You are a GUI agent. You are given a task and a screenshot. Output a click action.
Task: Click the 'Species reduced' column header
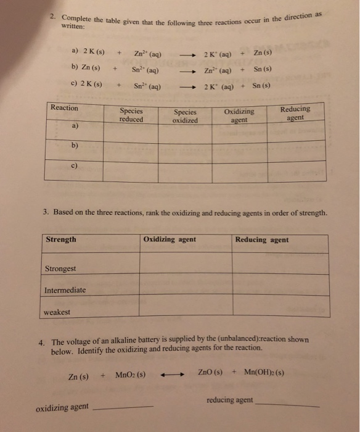[x=133, y=115]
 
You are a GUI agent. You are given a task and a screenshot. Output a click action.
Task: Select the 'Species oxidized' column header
[x=186, y=116]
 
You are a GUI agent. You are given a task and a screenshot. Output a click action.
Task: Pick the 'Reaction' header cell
[x=65, y=109]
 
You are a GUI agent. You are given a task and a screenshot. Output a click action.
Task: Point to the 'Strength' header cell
[x=61, y=239]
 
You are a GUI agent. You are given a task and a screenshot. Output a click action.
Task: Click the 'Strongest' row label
[x=60, y=268]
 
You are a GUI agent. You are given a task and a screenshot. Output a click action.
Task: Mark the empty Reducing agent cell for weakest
[x=278, y=312]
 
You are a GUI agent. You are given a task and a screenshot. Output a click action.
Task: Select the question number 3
[x=46, y=213]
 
